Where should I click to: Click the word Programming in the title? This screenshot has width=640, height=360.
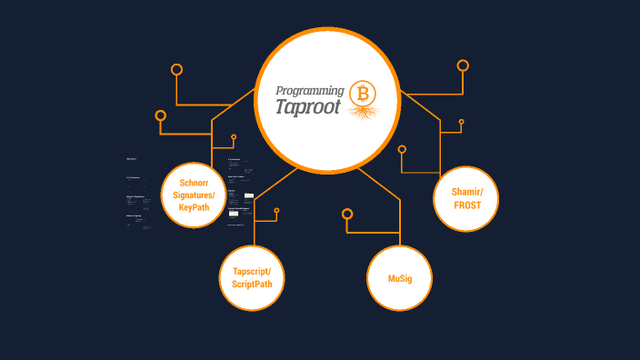(309, 90)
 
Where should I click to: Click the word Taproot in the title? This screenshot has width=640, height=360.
(308, 106)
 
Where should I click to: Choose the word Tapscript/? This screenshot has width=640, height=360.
(252, 272)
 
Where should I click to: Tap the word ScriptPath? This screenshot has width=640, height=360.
(252, 285)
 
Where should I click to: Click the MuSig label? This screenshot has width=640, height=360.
(400, 278)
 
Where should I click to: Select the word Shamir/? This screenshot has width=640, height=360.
(475, 192)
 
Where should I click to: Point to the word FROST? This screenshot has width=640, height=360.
(475, 205)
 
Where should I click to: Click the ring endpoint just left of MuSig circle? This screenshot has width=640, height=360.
(346, 215)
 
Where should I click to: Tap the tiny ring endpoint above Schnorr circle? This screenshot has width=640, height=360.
(234, 137)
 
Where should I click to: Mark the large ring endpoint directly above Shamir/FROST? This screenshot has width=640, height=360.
(463, 65)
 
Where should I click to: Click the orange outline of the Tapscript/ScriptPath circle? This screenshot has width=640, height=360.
(220, 278)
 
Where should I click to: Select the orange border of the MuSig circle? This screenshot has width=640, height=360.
(368, 278)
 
